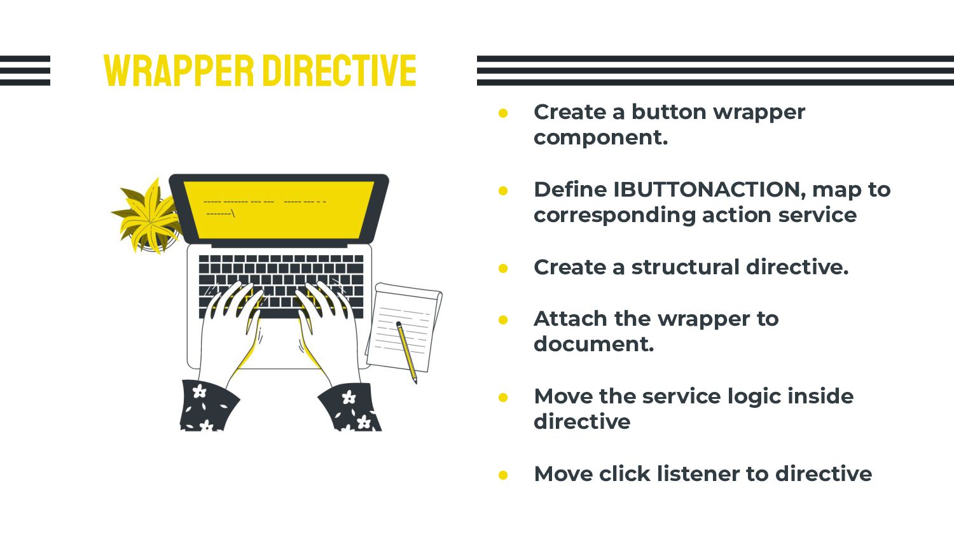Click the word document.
coord(593,344)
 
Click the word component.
coord(600,137)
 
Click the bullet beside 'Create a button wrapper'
coord(504,113)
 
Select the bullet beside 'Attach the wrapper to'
coord(504,320)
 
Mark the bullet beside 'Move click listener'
coord(504,475)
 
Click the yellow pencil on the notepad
coord(406,351)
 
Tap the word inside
coord(820,396)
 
